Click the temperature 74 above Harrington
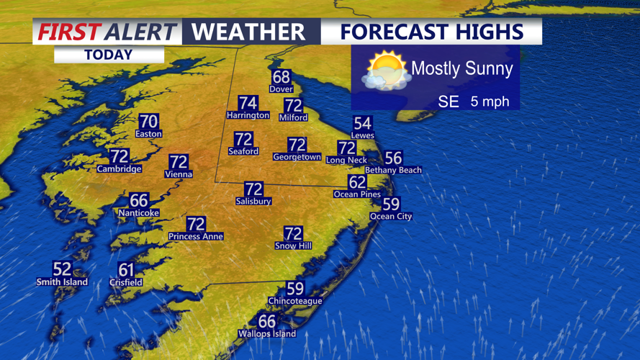pyautogui.click(x=248, y=103)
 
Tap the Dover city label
pyautogui.click(x=281, y=89)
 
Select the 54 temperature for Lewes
pyautogui.click(x=362, y=123)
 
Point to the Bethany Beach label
pyautogui.click(x=393, y=170)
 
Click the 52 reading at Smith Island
pyautogui.click(x=62, y=269)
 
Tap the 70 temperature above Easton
pyautogui.click(x=148, y=122)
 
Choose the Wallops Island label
pyautogui.click(x=267, y=333)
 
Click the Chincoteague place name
pyautogui.click(x=294, y=300)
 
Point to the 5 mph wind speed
pyautogui.click(x=490, y=102)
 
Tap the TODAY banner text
pyautogui.click(x=108, y=55)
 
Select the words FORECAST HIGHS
pyautogui.click(x=431, y=32)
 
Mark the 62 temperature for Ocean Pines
pyautogui.click(x=357, y=182)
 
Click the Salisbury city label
pyautogui.click(x=253, y=202)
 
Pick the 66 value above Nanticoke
pyautogui.click(x=138, y=201)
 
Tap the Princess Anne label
pyautogui.click(x=196, y=236)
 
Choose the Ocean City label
pyautogui.click(x=391, y=216)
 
